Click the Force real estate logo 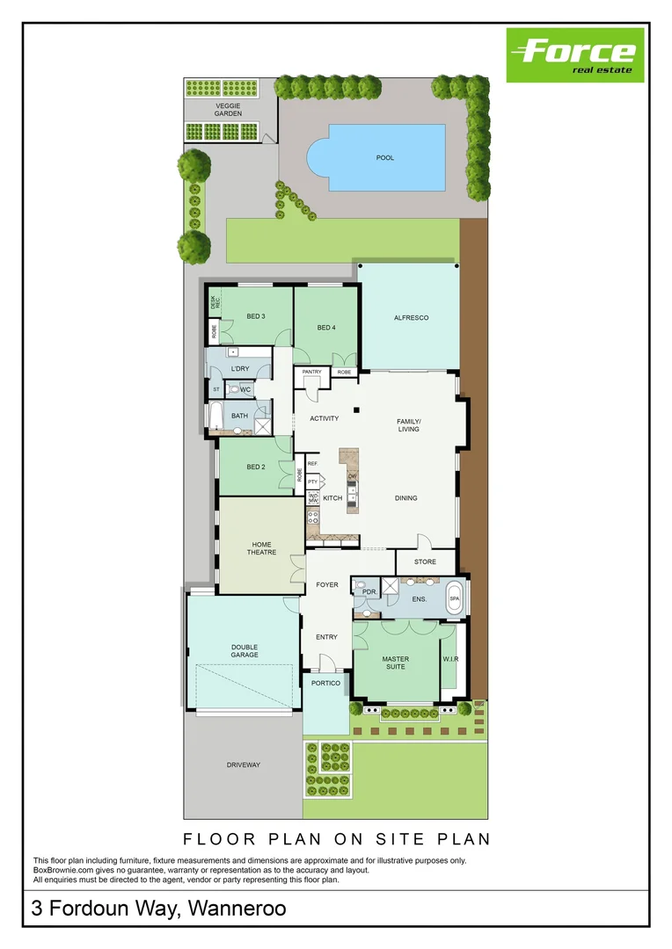(x=575, y=54)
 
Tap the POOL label (x=385, y=158)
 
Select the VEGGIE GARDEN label (x=228, y=109)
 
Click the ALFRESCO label (x=411, y=318)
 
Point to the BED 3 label (x=256, y=316)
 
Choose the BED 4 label (x=326, y=328)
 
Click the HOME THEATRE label (x=261, y=548)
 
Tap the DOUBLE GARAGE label (x=244, y=651)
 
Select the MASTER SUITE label (x=396, y=663)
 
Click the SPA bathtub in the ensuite (x=455, y=598)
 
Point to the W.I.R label (x=451, y=659)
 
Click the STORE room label (x=426, y=561)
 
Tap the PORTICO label (x=326, y=683)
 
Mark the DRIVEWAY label (x=244, y=764)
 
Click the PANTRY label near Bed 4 (x=312, y=372)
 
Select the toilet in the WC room (x=234, y=388)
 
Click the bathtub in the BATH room (x=214, y=417)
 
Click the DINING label (x=405, y=498)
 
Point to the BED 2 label (x=256, y=467)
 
